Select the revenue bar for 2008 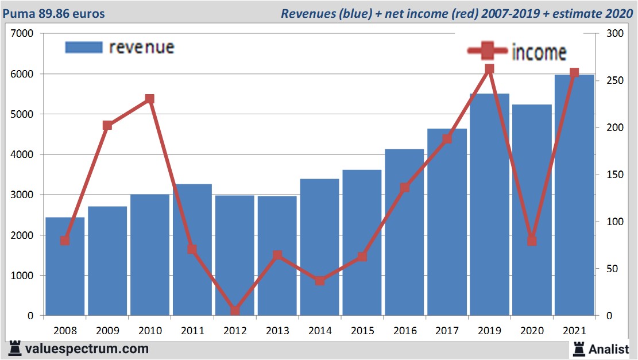[65, 266]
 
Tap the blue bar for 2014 [319, 247]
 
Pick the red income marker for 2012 [235, 311]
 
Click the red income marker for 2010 [150, 99]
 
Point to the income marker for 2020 [532, 241]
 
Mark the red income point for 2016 [404, 188]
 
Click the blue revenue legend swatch [84, 47]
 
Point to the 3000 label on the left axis [22, 195]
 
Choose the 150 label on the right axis [606, 175]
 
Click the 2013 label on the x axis [277, 331]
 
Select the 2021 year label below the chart [574, 331]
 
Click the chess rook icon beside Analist [579, 348]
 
